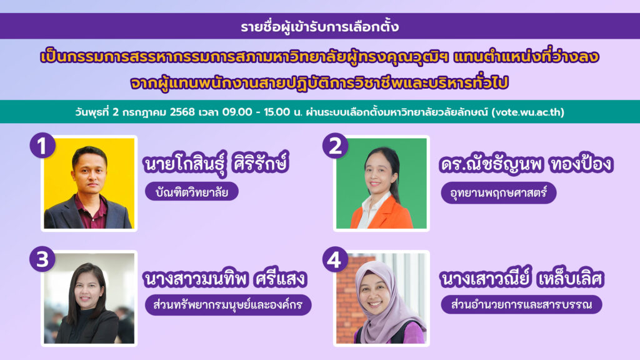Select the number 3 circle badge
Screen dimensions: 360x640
point(42,260)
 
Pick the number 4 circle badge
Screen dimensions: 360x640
point(335,260)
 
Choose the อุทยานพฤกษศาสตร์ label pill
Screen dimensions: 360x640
point(498,191)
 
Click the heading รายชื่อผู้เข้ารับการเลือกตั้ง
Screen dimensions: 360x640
point(319,27)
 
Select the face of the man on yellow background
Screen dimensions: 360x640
point(89,170)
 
